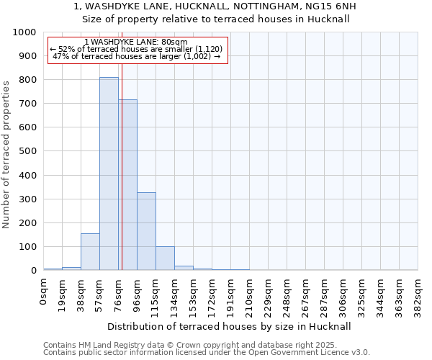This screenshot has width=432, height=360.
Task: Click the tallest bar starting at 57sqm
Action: [x=109, y=174]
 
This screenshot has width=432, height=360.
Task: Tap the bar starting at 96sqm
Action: [x=146, y=231]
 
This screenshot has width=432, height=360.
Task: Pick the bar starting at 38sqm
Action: [x=90, y=252]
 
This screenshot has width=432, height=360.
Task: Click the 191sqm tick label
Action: [x=230, y=295]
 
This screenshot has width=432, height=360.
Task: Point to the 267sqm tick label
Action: [x=305, y=295]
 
